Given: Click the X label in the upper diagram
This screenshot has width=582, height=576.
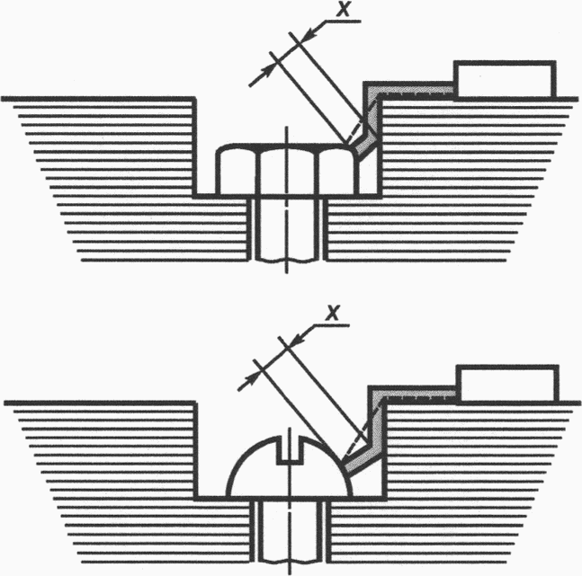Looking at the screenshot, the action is pos(343,8).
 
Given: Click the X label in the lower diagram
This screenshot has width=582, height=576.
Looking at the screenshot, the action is pos(332,313).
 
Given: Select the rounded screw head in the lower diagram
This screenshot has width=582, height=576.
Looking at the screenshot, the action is pos(290,466).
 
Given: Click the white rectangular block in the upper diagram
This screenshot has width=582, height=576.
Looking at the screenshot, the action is pos(505,80).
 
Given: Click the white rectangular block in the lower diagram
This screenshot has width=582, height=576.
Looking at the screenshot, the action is pos(507,384).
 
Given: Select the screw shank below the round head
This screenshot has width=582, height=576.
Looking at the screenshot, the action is pos(290,529).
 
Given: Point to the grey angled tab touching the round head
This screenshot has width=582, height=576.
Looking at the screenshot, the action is pos(359,459).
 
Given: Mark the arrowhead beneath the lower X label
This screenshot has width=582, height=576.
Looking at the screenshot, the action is pos(298,338).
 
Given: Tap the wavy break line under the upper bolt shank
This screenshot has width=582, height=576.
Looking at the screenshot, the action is pos(287,260).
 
